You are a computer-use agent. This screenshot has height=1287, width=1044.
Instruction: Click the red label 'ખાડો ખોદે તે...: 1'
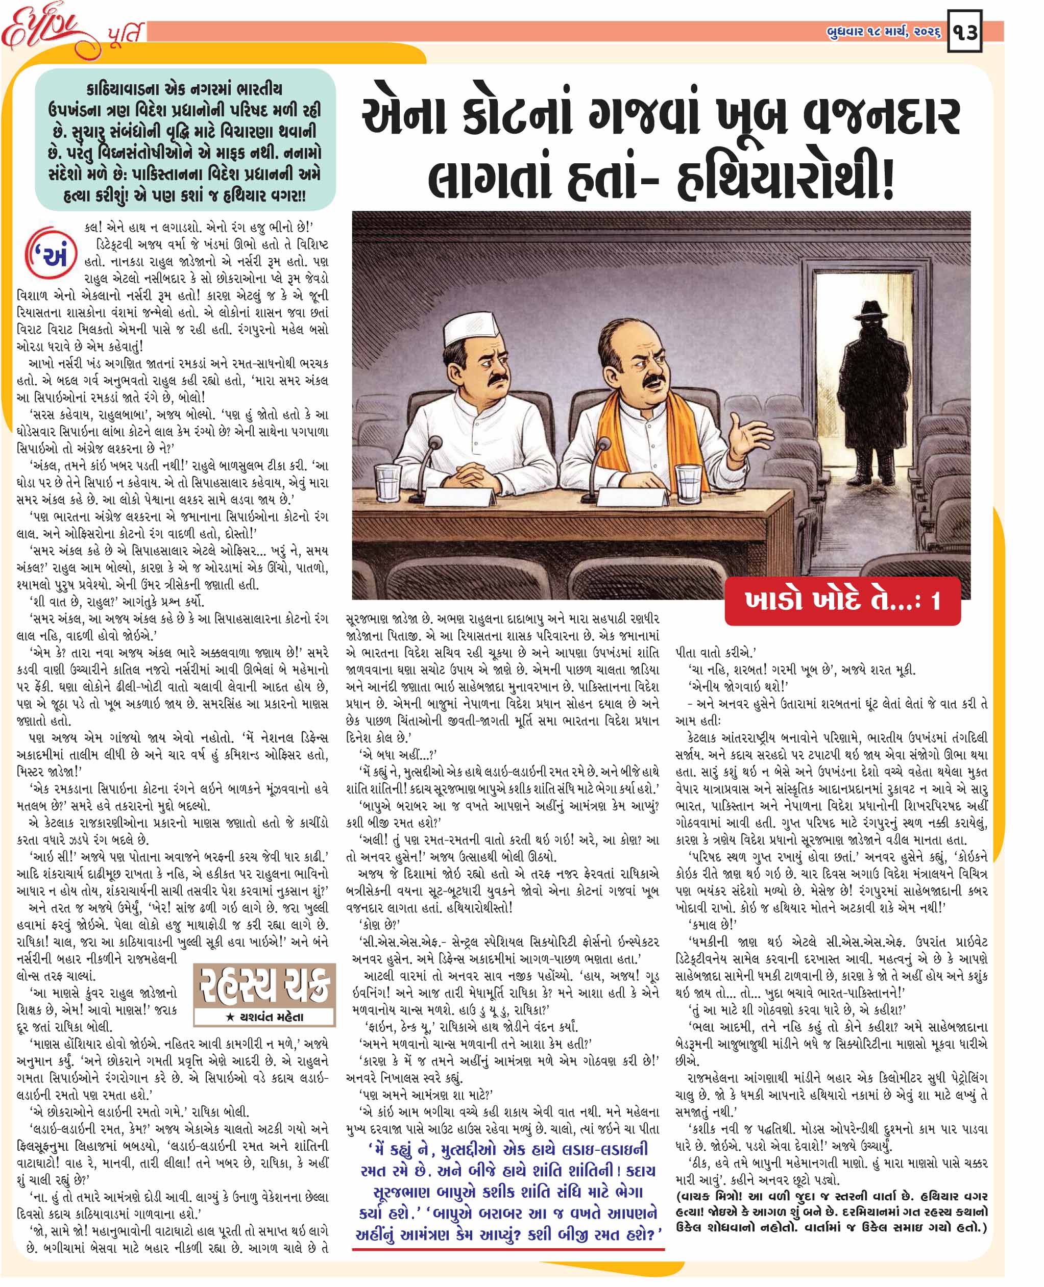coord(842,601)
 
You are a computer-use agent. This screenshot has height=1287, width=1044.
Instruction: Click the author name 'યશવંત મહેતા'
coord(264,1018)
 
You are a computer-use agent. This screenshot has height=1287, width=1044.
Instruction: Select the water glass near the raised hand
coord(687,483)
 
